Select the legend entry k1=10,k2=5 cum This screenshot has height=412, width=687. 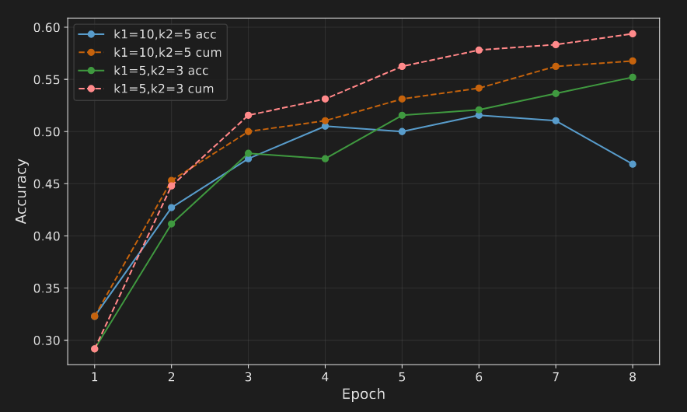pos(167,53)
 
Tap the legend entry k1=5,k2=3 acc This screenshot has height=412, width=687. pos(160,71)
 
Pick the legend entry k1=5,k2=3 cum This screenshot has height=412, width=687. pos(163,89)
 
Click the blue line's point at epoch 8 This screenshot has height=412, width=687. pos(633,164)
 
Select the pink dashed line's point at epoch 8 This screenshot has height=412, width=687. pos(633,34)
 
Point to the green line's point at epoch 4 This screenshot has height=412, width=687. pos(325,159)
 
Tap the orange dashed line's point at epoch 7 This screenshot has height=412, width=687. pos(556,67)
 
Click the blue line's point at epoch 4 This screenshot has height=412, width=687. pos(325,126)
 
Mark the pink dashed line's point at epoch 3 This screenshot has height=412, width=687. pos(249,116)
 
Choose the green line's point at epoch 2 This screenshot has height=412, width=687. pos(172,224)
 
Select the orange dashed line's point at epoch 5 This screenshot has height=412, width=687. pos(402,100)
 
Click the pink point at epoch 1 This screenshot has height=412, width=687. pos(95,349)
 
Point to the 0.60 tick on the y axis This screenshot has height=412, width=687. pos(47,28)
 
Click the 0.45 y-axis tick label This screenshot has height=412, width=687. pos(47,184)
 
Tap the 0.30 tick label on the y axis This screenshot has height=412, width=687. pos(47,340)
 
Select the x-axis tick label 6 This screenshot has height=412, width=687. pos(479,377)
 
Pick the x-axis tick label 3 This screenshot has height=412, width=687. pos(249,377)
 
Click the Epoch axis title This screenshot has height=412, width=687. pos(364,395)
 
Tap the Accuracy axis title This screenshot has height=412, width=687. pos(22,191)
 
